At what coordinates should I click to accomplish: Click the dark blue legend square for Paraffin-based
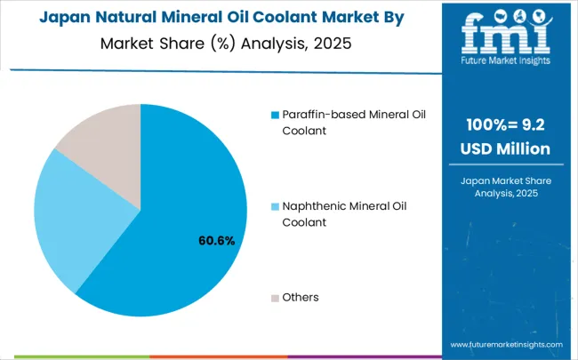pos(275,116)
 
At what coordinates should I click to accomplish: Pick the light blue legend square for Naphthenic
pos(275,206)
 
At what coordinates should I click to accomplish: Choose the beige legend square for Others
pos(275,297)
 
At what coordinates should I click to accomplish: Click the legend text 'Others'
pos(301,297)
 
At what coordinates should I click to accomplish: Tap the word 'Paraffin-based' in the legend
pos(325,115)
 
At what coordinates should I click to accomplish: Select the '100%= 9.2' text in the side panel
pos(504,125)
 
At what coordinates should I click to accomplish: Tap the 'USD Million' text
pos(504,148)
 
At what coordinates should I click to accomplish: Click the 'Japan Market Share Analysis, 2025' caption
pos(504,188)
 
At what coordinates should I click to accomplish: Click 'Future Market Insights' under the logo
pos(504,61)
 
